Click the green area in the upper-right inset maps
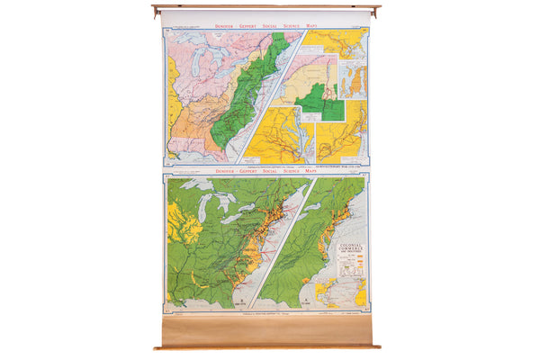coord(319,101)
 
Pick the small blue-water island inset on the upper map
coord(354,81)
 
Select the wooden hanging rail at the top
coord(265,7)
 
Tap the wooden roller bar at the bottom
coord(265,345)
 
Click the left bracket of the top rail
coord(157,11)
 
